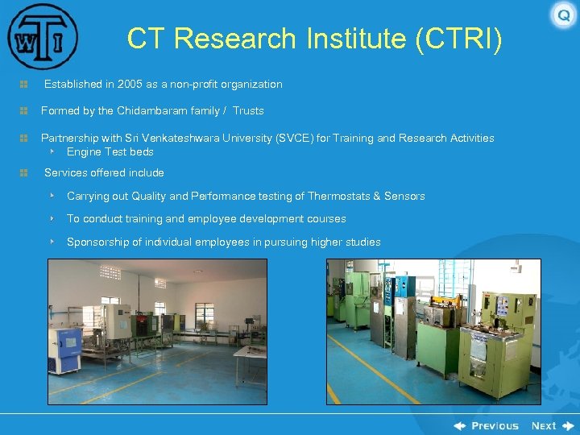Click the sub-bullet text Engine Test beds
[110, 152]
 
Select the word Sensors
[404, 197]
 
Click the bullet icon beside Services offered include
[24, 173]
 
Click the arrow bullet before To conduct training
[52, 219]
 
